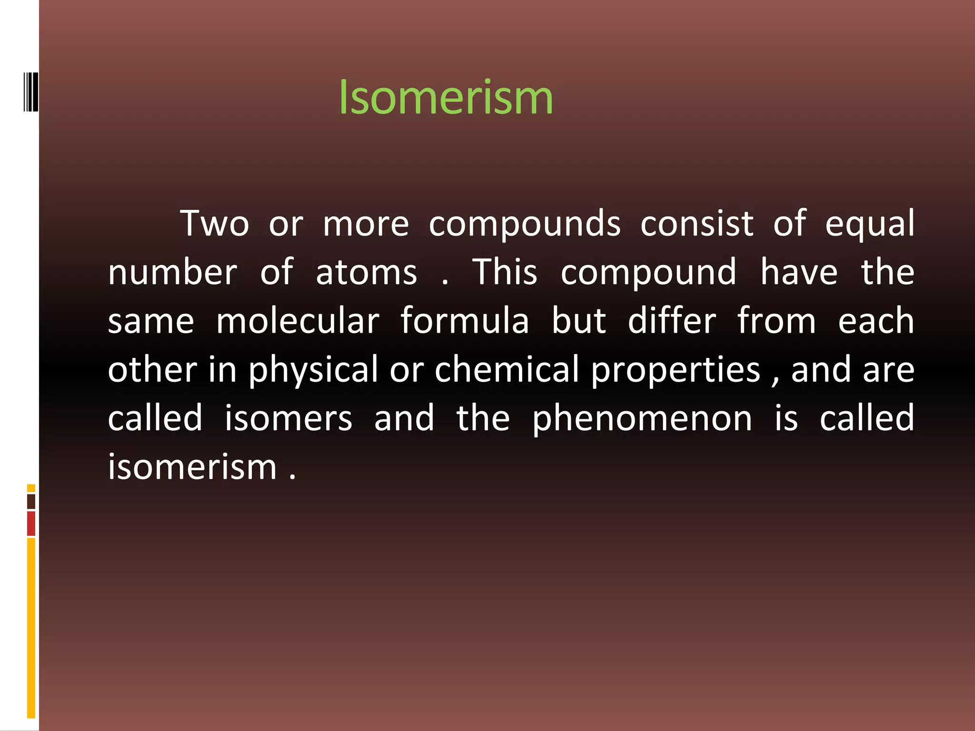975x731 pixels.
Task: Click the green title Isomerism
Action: [x=446, y=98]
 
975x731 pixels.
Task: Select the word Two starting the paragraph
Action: [x=215, y=223]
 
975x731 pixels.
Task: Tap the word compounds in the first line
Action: [x=525, y=224]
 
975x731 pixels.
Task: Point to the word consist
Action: [x=697, y=223]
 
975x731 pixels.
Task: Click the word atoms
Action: [x=367, y=272]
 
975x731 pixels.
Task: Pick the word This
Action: [x=505, y=272]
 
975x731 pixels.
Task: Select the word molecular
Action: [x=298, y=321]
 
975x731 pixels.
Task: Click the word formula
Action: [x=465, y=321]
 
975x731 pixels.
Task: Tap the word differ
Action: [x=672, y=321]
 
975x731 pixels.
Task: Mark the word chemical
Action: [x=507, y=369]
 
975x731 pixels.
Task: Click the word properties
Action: [x=676, y=370]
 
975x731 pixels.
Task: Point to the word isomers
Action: [x=289, y=418]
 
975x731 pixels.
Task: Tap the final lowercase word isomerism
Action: [x=192, y=467]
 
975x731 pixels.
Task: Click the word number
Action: [x=172, y=272]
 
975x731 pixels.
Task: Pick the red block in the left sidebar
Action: [x=31, y=524]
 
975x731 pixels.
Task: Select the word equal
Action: [x=870, y=224]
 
